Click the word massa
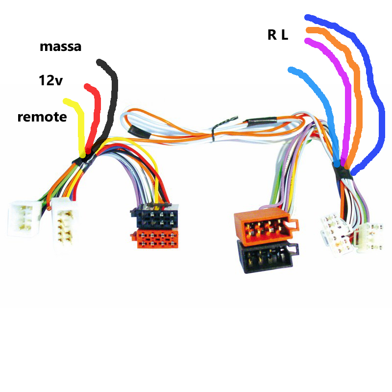click(60, 47)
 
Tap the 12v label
click(50, 80)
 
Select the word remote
click(42, 117)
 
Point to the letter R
click(271, 35)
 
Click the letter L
click(284, 35)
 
